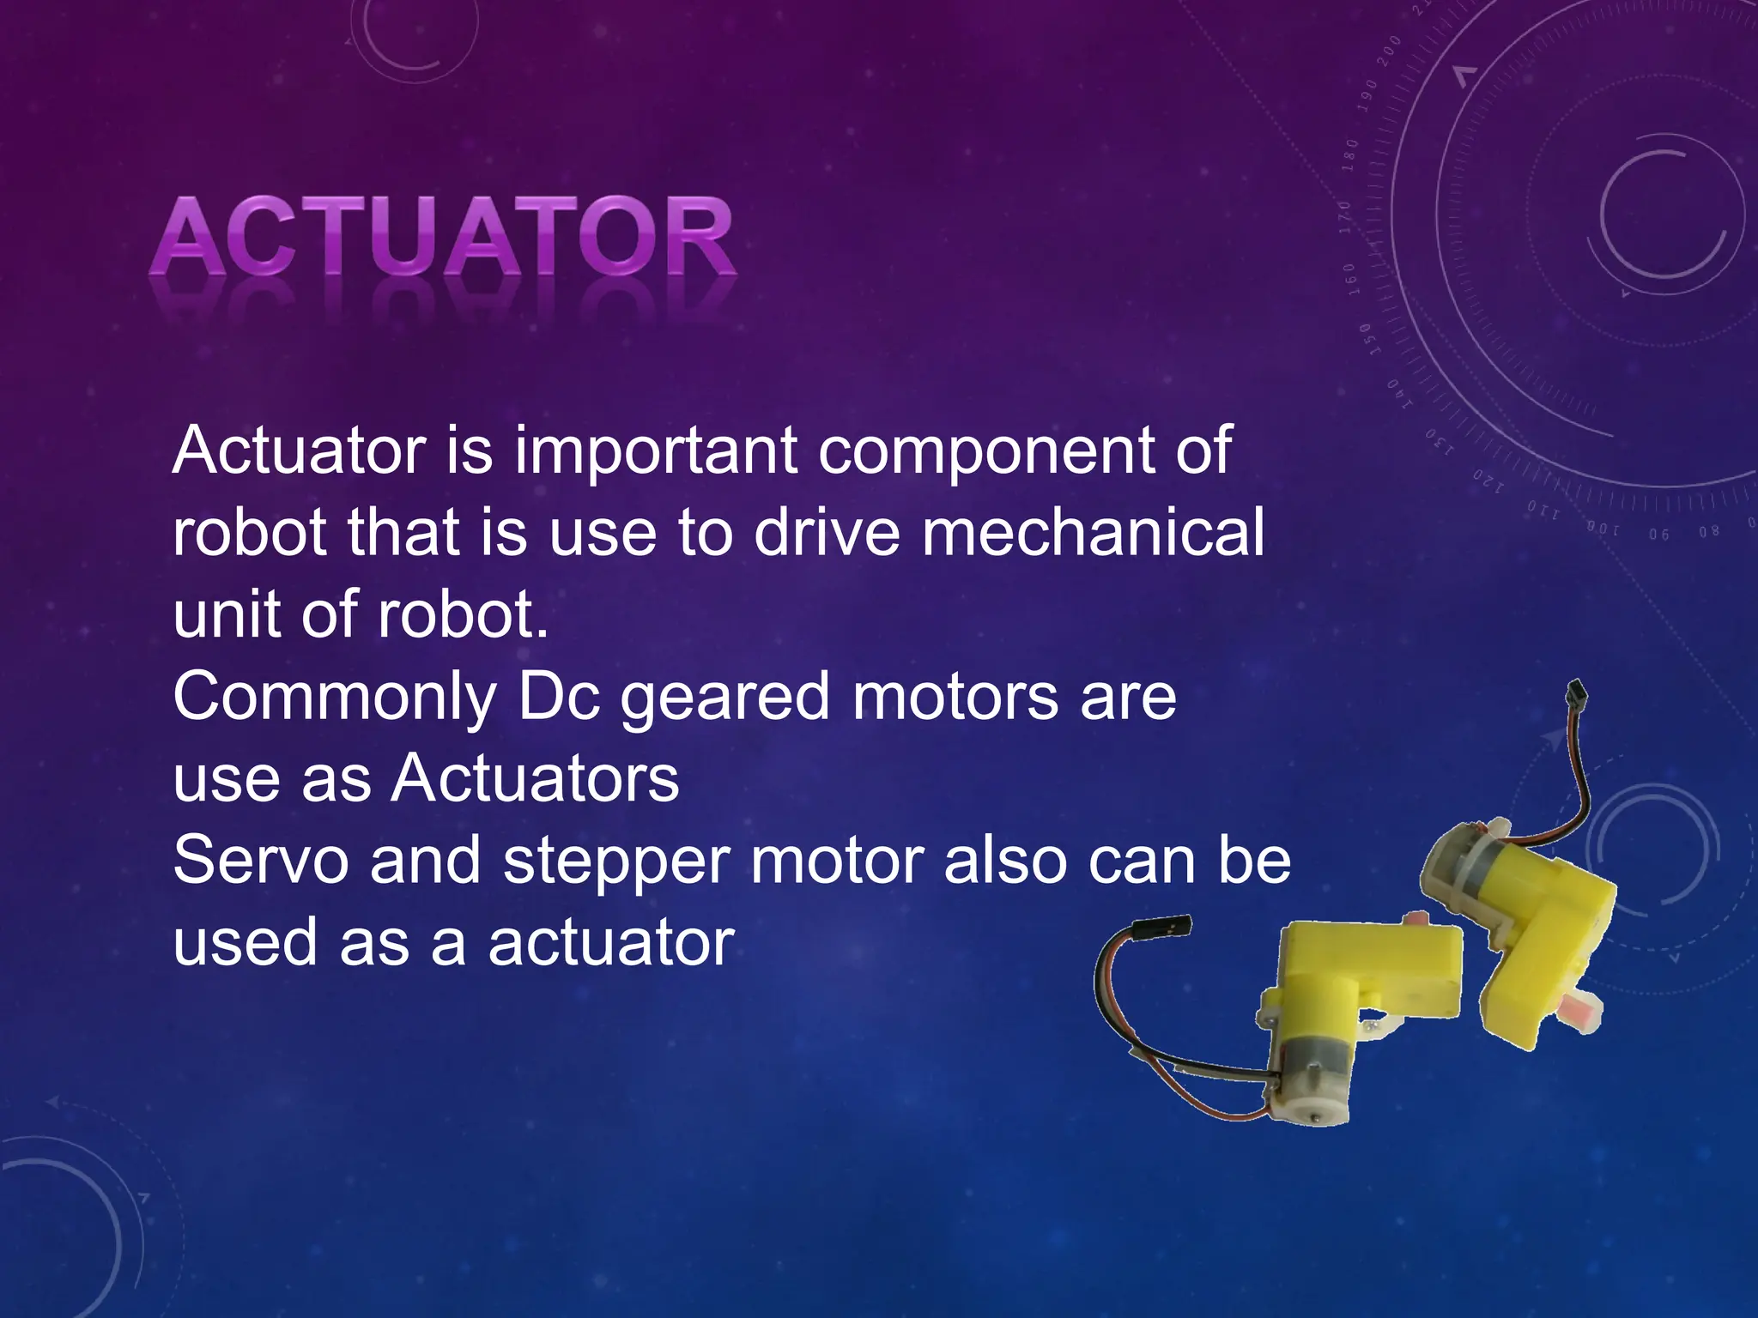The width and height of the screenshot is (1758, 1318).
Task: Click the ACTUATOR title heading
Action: tap(441, 237)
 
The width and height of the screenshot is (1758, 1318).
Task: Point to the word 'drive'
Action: tap(827, 532)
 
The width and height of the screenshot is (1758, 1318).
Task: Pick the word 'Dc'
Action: tap(558, 697)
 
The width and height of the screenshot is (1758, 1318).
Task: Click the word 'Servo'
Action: tap(261, 861)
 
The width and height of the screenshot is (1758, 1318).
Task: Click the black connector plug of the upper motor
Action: tap(1576, 695)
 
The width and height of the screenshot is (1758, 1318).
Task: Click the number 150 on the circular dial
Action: tap(1371, 339)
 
